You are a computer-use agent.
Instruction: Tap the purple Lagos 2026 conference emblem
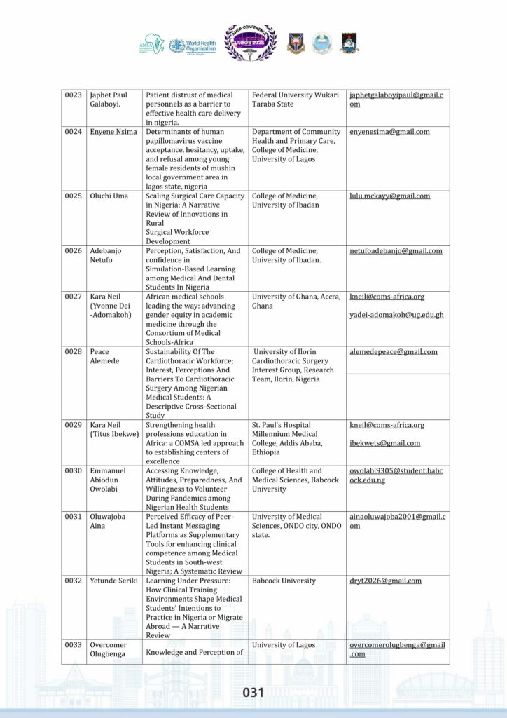(250, 41)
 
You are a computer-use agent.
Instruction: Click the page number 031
(253, 693)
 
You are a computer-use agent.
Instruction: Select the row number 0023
(74, 95)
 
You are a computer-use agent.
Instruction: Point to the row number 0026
(74, 251)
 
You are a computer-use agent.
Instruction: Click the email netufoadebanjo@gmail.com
(396, 251)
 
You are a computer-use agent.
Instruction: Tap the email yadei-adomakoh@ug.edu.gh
(396, 315)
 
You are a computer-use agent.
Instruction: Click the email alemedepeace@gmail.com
(394, 352)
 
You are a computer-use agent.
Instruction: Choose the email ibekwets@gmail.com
(385, 443)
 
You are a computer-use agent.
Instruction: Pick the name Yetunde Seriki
(113, 581)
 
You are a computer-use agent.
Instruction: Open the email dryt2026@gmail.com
(385, 581)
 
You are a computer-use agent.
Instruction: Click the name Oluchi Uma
(109, 196)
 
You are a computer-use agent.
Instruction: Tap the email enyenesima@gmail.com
(389, 132)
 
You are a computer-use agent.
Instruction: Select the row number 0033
(74, 645)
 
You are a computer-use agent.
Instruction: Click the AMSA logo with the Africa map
(151, 44)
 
